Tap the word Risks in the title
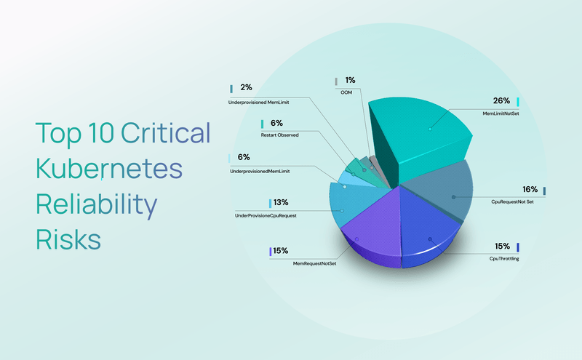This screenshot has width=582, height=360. click(x=68, y=238)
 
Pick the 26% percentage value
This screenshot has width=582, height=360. click(x=501, y=101)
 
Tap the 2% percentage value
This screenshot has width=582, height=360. click(x=246, y=88)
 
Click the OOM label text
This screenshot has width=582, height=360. click(x=348, y=93)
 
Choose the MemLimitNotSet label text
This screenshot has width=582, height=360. click(x=501, y=114)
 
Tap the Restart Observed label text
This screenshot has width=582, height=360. click(x=280, y=135)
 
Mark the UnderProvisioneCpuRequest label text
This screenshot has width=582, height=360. click(x=266, y=216)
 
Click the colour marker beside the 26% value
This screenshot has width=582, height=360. click(x=518, y=101)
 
